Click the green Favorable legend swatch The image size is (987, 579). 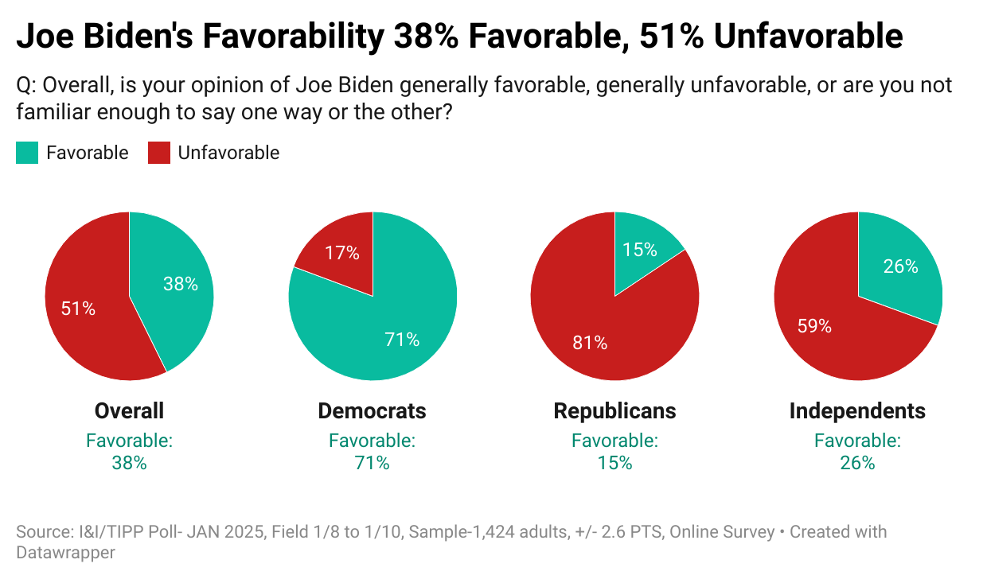click(27, 153)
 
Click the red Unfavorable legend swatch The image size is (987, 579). click(159, 153)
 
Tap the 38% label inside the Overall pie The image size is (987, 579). click(181, 284)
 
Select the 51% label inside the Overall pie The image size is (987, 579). click(78, 309)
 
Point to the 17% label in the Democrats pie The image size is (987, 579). click(341, 254)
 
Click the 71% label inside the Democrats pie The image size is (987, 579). click(402, 340)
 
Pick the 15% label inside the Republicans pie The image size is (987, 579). click(640, 249)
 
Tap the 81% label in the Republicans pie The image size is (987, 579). click(590, 343)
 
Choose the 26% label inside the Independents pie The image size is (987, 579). click(900, 266)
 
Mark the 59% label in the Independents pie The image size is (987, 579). click(814, 325)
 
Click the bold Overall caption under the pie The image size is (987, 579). click(129, 410)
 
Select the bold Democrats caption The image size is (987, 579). click(372, 410)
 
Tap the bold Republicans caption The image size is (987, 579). click(614, 410)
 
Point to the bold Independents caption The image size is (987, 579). click(857, 410)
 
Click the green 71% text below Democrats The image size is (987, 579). click(372, 462)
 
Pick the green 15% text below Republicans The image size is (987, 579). click(614, 462)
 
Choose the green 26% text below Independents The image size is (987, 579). click(857, 462)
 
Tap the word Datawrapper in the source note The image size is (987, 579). click(66, 552)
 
